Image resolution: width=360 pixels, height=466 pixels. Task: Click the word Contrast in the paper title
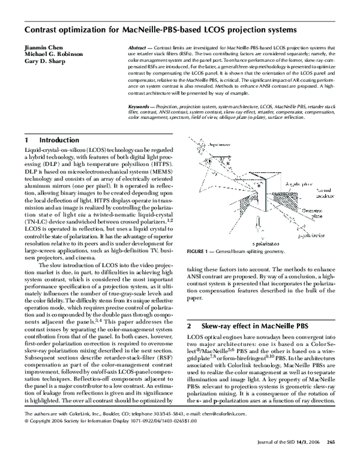[x=43, y=29]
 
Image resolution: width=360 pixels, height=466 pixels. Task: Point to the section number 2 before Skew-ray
[x=189, y=326]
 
